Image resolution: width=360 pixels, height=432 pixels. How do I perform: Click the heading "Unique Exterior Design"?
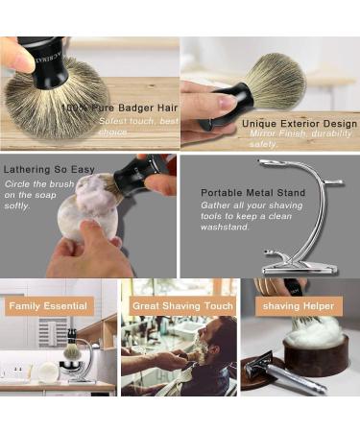click(x=299, y=123)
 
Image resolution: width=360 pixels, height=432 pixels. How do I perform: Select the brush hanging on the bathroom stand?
click(x=71, y=350)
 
